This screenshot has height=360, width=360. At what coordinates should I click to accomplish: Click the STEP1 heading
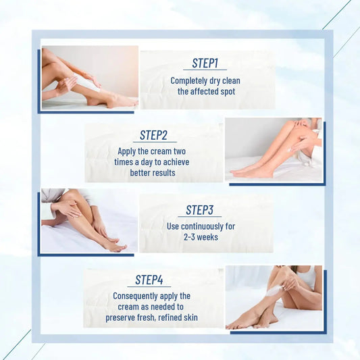tap(205, 63)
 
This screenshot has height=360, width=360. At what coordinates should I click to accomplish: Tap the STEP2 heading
tap(153, 135)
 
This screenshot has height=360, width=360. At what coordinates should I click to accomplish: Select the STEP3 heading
tap(199, 209)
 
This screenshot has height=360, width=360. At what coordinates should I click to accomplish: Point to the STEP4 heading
tap(149, 280)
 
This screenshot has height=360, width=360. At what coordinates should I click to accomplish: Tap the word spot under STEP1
tap(226, 91)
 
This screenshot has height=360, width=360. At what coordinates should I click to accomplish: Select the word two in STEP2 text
tap(178, 151)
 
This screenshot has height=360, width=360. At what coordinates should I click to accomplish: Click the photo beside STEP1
tap(90, 77)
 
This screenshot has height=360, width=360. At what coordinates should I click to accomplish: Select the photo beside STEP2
tap(273, 149)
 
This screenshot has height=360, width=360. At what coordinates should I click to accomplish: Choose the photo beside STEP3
tap(88, 220)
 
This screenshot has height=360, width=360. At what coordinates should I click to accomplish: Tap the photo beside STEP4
tap(274, 297)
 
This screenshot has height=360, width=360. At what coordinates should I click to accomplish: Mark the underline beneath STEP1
tap(205, 70)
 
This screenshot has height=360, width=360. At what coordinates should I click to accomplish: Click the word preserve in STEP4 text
tap(122, 317)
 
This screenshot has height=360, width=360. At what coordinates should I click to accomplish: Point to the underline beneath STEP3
tap(199, 217)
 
